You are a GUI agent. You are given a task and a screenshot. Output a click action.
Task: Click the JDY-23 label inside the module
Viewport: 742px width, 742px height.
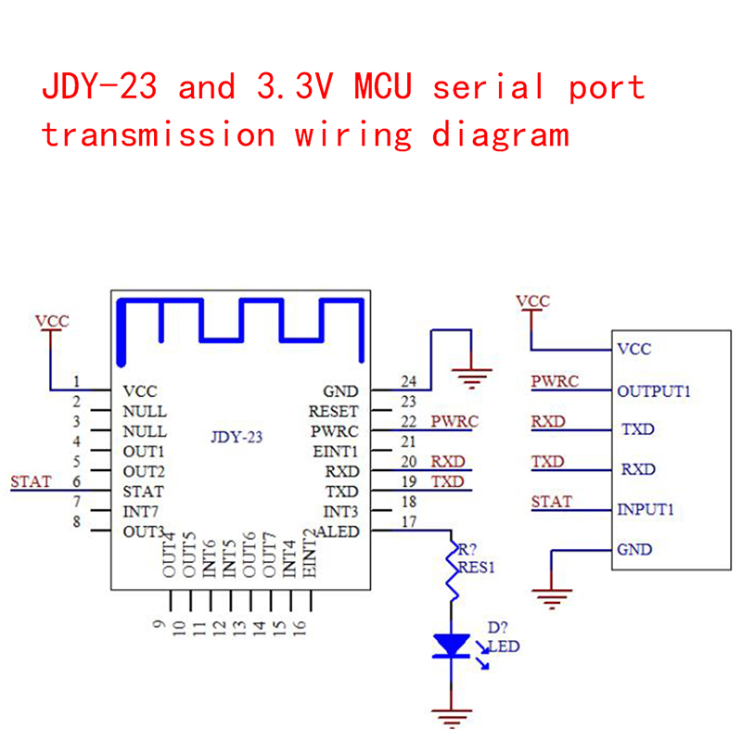[237, 438]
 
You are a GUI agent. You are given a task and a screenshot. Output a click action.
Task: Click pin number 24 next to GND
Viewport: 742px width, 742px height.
[408, 381]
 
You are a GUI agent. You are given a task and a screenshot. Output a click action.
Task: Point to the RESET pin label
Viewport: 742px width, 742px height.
[333, 411]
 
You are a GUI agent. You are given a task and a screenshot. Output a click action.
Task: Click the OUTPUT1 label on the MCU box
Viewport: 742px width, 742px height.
[654, 391]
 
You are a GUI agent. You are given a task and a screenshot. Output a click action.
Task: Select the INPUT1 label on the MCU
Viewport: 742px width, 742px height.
[646, 509]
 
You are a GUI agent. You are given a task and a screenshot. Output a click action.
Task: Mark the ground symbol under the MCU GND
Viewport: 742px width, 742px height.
[553, 598]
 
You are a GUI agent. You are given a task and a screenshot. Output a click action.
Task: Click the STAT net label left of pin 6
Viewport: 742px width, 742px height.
[31, 481]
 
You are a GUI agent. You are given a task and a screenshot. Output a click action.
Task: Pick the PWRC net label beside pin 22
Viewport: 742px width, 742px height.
[454, 421]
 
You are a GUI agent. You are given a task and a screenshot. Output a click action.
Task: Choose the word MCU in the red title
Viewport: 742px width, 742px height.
[383, 88]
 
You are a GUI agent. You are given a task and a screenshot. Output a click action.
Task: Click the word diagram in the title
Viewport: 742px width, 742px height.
[500, 134]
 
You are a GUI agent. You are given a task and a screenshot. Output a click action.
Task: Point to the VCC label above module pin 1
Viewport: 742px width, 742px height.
[52, 322]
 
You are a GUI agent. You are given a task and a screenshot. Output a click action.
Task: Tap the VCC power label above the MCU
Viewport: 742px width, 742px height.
[532, 301]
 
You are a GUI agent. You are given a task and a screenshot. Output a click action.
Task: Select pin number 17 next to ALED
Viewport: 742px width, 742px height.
[408, 522]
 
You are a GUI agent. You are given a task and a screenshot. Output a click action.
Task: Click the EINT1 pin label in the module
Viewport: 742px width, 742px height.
[336, 452]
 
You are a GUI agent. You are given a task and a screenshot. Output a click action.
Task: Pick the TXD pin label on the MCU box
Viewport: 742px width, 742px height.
[637, 430]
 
